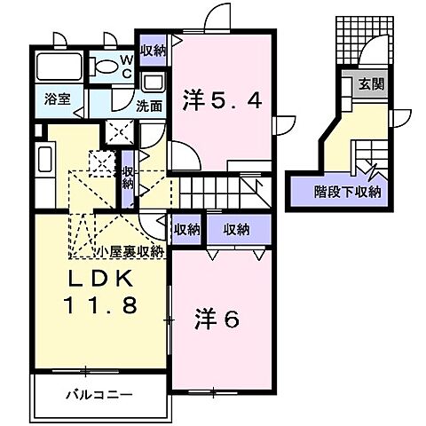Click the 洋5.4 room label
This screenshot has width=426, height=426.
point(223,100)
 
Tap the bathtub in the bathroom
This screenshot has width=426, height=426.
point(58,67)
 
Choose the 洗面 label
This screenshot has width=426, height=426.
point(149,104)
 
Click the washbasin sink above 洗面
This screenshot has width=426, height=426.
point(152,83)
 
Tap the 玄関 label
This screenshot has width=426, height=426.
point(369,85)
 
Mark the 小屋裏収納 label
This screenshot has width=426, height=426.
point(130,251)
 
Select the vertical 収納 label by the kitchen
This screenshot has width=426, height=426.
point(128,177)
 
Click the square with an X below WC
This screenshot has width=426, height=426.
point(119,131)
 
